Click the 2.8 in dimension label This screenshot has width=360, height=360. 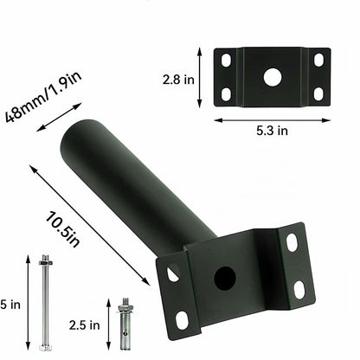(x=178, y=80)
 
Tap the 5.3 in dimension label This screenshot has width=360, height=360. (x=272, y=131)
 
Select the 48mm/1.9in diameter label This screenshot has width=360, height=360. (x=43, y=97)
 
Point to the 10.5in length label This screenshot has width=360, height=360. (x=62, y=229)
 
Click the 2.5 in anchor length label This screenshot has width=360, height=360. (x=84, y=325)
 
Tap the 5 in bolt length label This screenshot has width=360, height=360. (x=10, y=305)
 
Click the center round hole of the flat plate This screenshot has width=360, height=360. (x=273, y=77)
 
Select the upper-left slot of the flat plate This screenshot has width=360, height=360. (x=226, y=60)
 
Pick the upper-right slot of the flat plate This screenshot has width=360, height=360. (x=318, y=60)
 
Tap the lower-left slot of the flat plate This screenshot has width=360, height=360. (x=226, y=94)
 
